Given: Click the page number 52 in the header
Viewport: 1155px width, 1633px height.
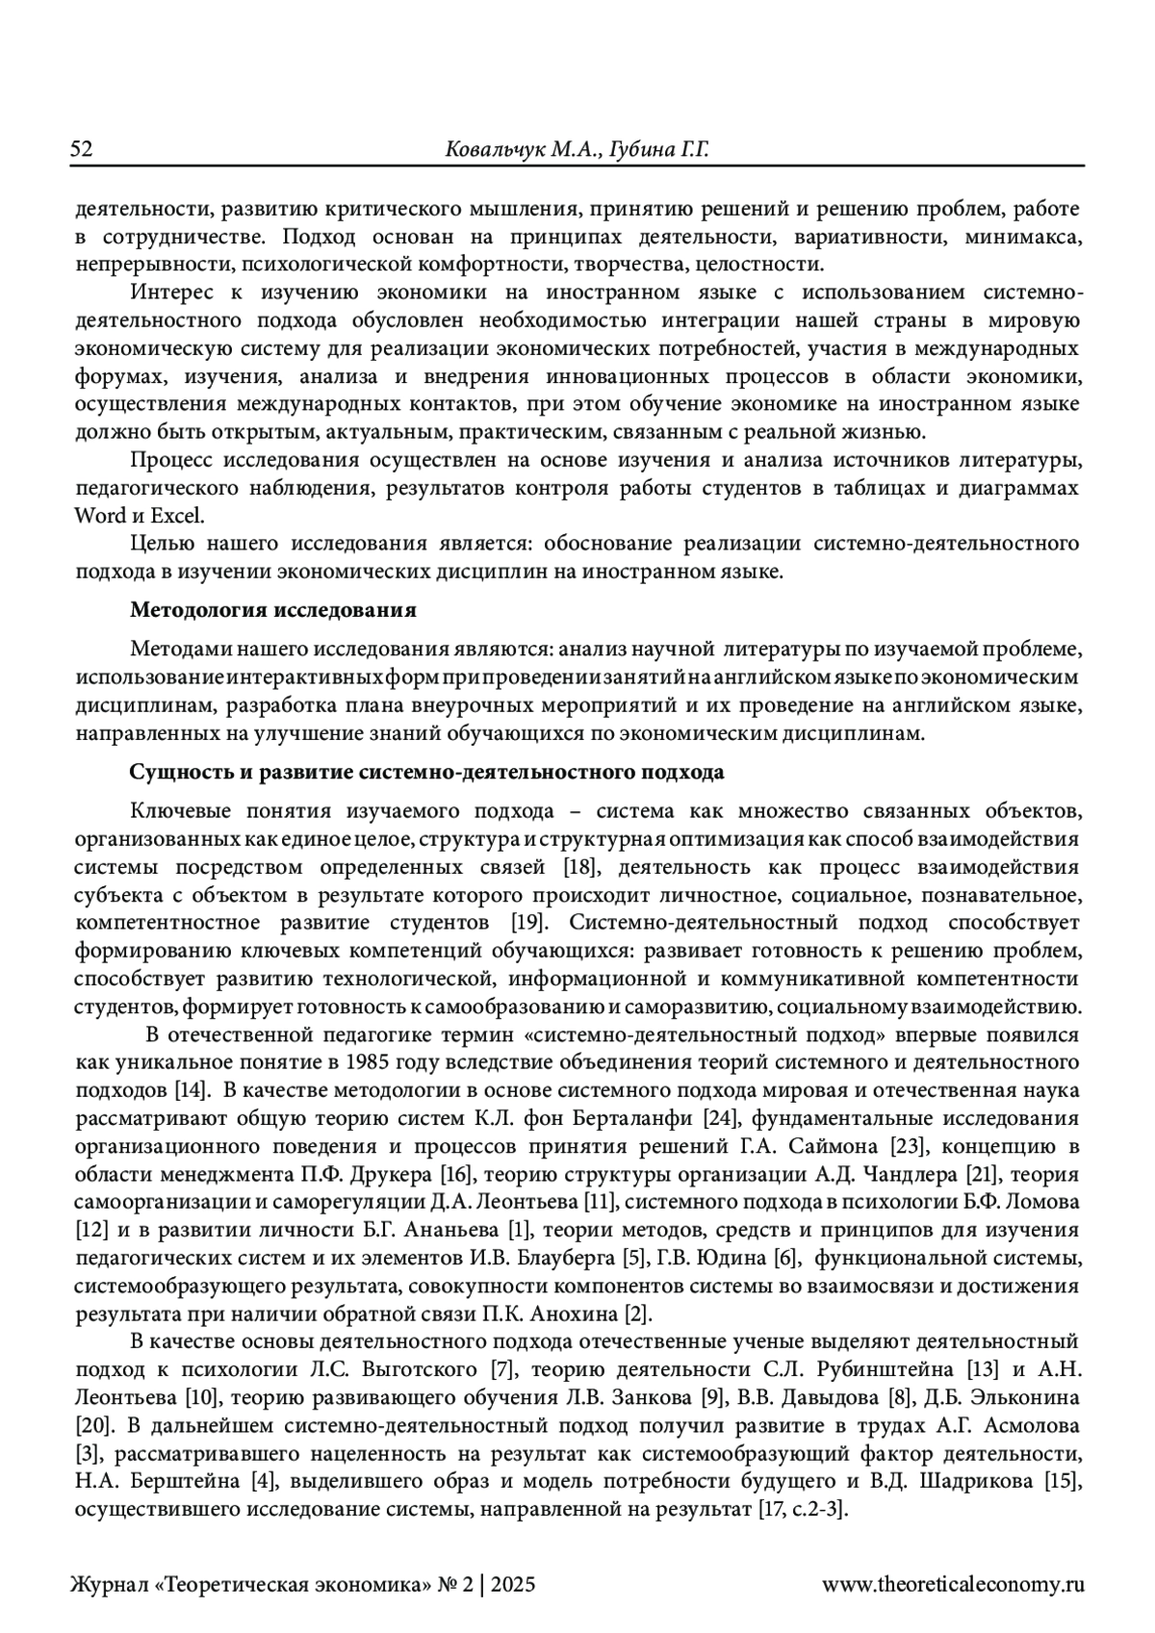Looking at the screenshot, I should pos(81,149).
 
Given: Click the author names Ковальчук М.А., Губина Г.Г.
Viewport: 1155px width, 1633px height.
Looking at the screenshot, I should pos(576,149).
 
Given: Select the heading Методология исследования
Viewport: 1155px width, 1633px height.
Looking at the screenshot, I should pos(273,610).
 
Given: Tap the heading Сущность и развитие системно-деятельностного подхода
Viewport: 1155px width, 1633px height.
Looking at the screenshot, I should pos(426,773).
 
